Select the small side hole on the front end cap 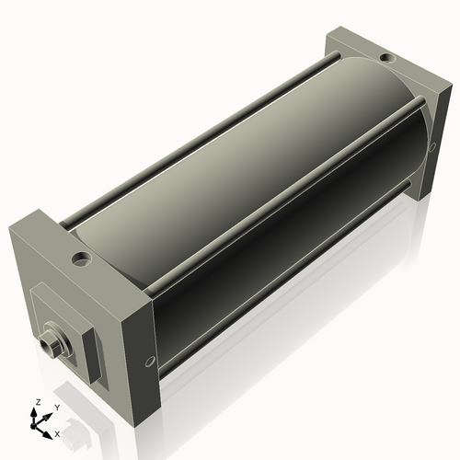click(148, 361)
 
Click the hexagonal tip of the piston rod click(48, 345)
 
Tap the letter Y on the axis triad click(57, 406)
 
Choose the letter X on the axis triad click(58, 432)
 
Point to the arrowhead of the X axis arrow click(49, 429)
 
